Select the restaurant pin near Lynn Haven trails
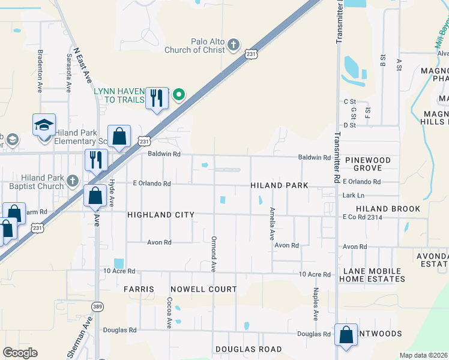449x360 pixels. pyautogui.click(x=157, y=98)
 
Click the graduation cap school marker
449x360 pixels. pyautogui.click(x=44, y=126)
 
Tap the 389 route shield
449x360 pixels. pyautogui.click(x=97, y=307)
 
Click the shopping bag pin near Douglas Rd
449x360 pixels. pyautogui.click(x=346, y=335)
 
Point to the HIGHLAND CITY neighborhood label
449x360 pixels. pyautogui.click(x=160, y=215)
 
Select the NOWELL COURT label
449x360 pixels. pyautogui.click(x=203, y=289)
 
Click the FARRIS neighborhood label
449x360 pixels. pyautogui.click(x=139, y=289)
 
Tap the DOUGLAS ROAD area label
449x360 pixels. pyautogui.click(x=249, y=349)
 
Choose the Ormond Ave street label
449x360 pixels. pyautogui.click(x=213, y=255)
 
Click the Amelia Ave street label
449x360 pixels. pyautogui.click(x=272, y=224)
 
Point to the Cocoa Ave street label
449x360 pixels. pyautogui.click(x=170, y=313)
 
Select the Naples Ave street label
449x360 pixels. pyautogui.click(x=315, y=304)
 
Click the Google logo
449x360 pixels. pyautogui.click(x=20, y=353)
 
